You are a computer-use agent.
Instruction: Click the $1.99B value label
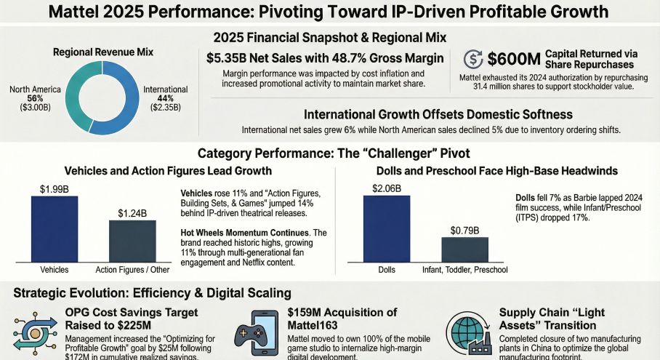click(x=55, y=188)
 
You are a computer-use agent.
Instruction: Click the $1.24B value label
click(x=132, y=213)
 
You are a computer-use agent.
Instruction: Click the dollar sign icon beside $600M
click(x=473, y=60)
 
